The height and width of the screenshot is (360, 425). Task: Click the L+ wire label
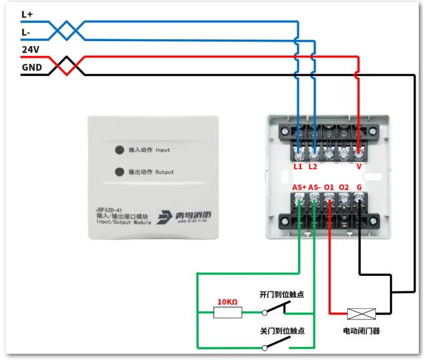tap(27, 14)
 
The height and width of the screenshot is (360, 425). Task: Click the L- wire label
tap(26, 32)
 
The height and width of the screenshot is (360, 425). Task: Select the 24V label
tap(31, 50)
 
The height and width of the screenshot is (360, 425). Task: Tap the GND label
tap(32, 67)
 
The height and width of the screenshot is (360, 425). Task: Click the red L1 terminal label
tap(298, 166)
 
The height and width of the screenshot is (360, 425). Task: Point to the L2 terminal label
tap(313, 166)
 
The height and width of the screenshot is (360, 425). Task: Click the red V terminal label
tap(359, 166)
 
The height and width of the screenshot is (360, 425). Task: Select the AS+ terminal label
tap(299, 187)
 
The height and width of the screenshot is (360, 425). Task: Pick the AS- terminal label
tap(315, 187)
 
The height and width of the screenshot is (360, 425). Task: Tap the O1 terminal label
tap(329, 187)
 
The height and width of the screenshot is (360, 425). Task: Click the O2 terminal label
tap(344, 187)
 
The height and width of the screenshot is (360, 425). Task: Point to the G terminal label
tap(359, 187)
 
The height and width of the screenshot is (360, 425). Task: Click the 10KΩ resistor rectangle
tap(227, 313)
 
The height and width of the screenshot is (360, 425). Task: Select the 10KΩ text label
tap(227, 301)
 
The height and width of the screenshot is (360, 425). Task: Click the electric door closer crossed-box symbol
tap(361, 314)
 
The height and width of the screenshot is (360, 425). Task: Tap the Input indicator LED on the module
tap(120, 150)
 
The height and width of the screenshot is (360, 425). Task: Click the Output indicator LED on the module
tap(120, 172)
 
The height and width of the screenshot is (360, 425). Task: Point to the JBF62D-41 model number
tap(109, 210)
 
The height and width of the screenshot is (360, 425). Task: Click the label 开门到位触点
tap(282, 295)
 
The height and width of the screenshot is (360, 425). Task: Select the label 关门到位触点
tap(282, 331)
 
